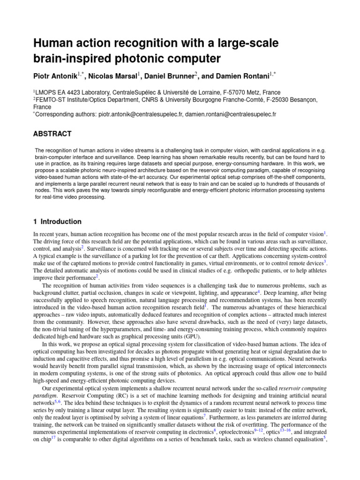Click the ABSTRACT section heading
[x=52, y=134]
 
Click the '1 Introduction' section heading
[x=57, y=222]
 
